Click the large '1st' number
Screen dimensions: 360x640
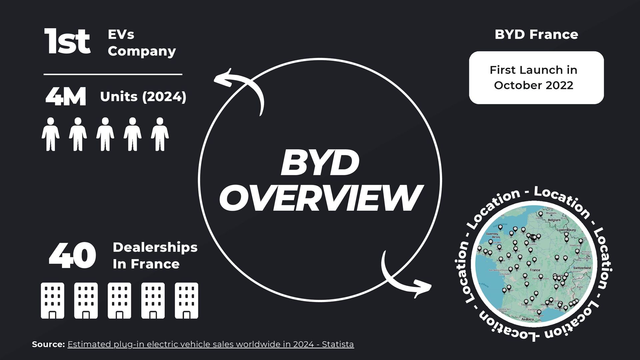coord(67,42)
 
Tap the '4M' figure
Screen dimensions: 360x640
coord(66,97)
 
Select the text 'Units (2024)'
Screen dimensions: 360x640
coord(143,97)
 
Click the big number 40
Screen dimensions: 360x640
coord(72,255)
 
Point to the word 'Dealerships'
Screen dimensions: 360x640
coord(155,247)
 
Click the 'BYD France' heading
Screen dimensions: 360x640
coord(536,34)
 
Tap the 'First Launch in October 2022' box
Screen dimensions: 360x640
coord(536,78)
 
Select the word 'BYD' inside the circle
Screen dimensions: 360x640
coord(320,163)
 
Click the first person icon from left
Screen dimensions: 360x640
coord(51,134)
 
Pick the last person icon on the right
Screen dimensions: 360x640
coord(160,134)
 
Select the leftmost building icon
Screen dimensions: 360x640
coord(53,301)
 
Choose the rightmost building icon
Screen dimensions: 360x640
coord(186,301)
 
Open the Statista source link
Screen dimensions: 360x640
coord(211,344)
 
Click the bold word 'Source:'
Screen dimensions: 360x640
coord(48,344)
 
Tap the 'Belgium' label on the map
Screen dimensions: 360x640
coord(554,220)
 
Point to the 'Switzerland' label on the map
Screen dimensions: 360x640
coord(582,268)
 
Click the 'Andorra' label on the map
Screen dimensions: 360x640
coord(527,319)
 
